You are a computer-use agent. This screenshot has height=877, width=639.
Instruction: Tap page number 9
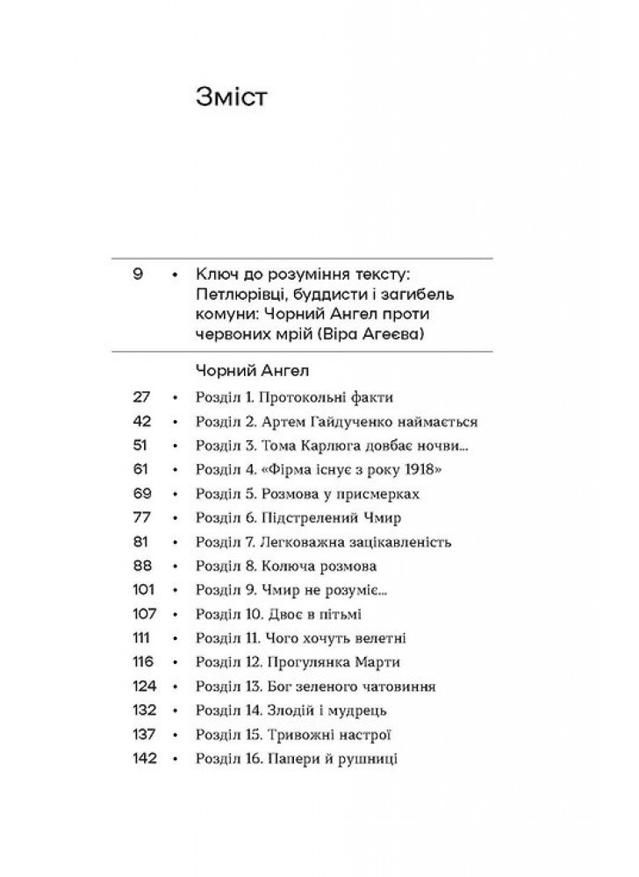click(138, 275)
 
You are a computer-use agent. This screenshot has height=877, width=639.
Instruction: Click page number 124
click(143, 686)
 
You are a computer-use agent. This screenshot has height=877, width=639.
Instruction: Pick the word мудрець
click(359, 710)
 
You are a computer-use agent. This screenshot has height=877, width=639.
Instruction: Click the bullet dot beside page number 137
click(176, 734)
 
